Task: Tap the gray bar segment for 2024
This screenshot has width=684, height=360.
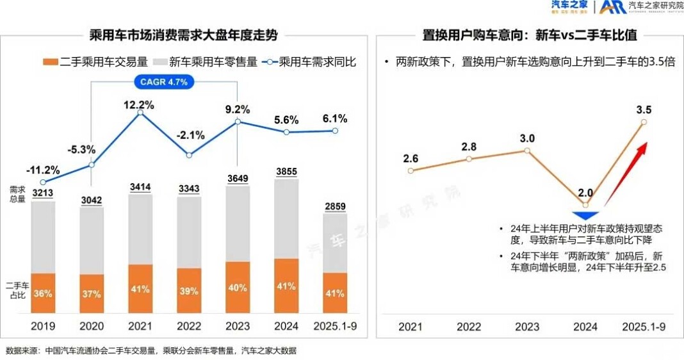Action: click(286, 218)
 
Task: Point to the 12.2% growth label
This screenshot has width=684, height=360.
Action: click(139, 105)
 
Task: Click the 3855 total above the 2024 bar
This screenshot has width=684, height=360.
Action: click(286, 171)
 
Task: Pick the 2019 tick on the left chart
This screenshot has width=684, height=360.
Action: click(43, 327)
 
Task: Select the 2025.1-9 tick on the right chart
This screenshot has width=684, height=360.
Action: click(644, 327)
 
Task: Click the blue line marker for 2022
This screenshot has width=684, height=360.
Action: click(188, 155)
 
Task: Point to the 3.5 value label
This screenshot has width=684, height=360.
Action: click(644, 110)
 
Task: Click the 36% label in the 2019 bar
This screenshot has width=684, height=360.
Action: click(43, 294)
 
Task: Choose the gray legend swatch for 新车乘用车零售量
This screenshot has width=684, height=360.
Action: click(159, 62)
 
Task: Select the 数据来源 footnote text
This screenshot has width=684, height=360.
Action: click(151, 350)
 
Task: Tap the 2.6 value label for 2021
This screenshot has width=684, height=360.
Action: click(411, 158)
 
